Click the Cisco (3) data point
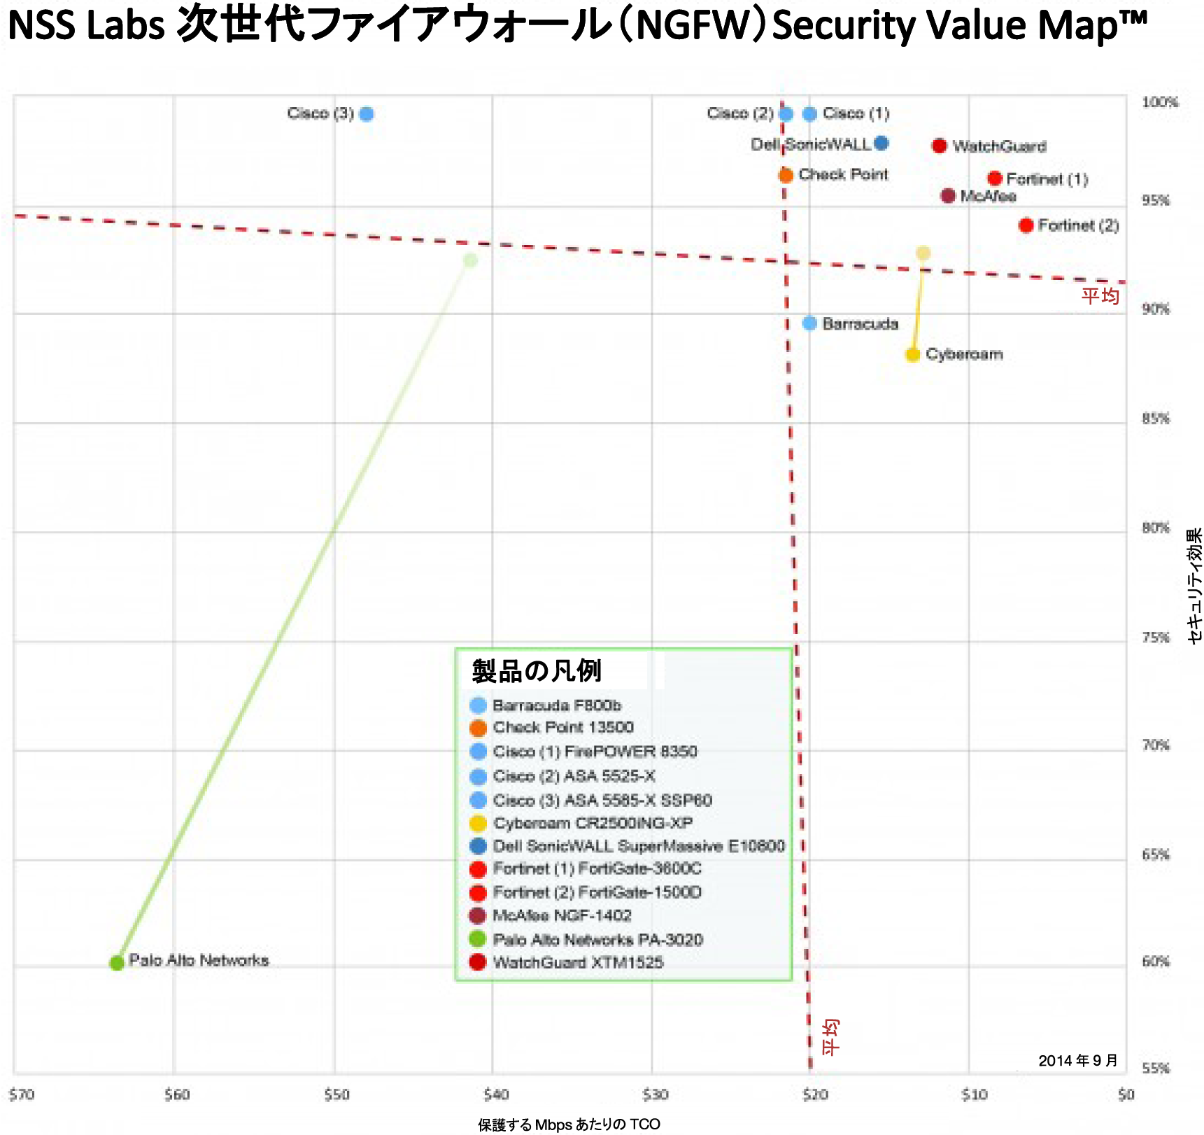point(366,114)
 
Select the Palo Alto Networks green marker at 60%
point(117,963)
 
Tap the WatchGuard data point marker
point(940,146)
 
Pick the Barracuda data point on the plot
point(809,323)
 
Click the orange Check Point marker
point(786,175)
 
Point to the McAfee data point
point(948,196)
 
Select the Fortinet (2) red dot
point(1026,225)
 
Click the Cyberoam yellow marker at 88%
point(912,355)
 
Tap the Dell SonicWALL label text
point(810,144)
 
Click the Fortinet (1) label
point(1047,179)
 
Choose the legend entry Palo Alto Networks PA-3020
point(597,939)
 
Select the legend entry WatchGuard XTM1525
point(577,962)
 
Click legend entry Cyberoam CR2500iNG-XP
point(593,823)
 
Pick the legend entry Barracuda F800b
point(556,705)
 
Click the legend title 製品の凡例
point(537,671)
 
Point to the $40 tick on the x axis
point(495,1094)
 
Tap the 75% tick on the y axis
point(1156,637)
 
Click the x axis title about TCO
point(569,1125)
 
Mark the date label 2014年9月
point(1077,1061)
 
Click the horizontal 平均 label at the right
point(1100,296)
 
